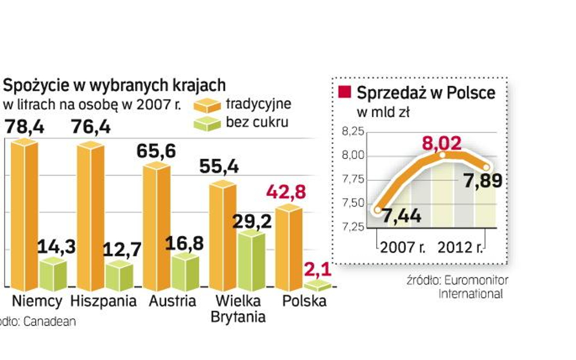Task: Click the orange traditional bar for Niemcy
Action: tap(24, 216)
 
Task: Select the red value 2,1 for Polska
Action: tap(318, 267)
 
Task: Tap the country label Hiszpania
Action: tap(103, 302)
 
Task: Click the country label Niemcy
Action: tap(38, 302)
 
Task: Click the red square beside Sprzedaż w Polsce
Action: tap(345, 92)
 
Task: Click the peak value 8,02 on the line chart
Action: tap(441, 143)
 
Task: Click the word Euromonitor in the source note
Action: tap(475, 280)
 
